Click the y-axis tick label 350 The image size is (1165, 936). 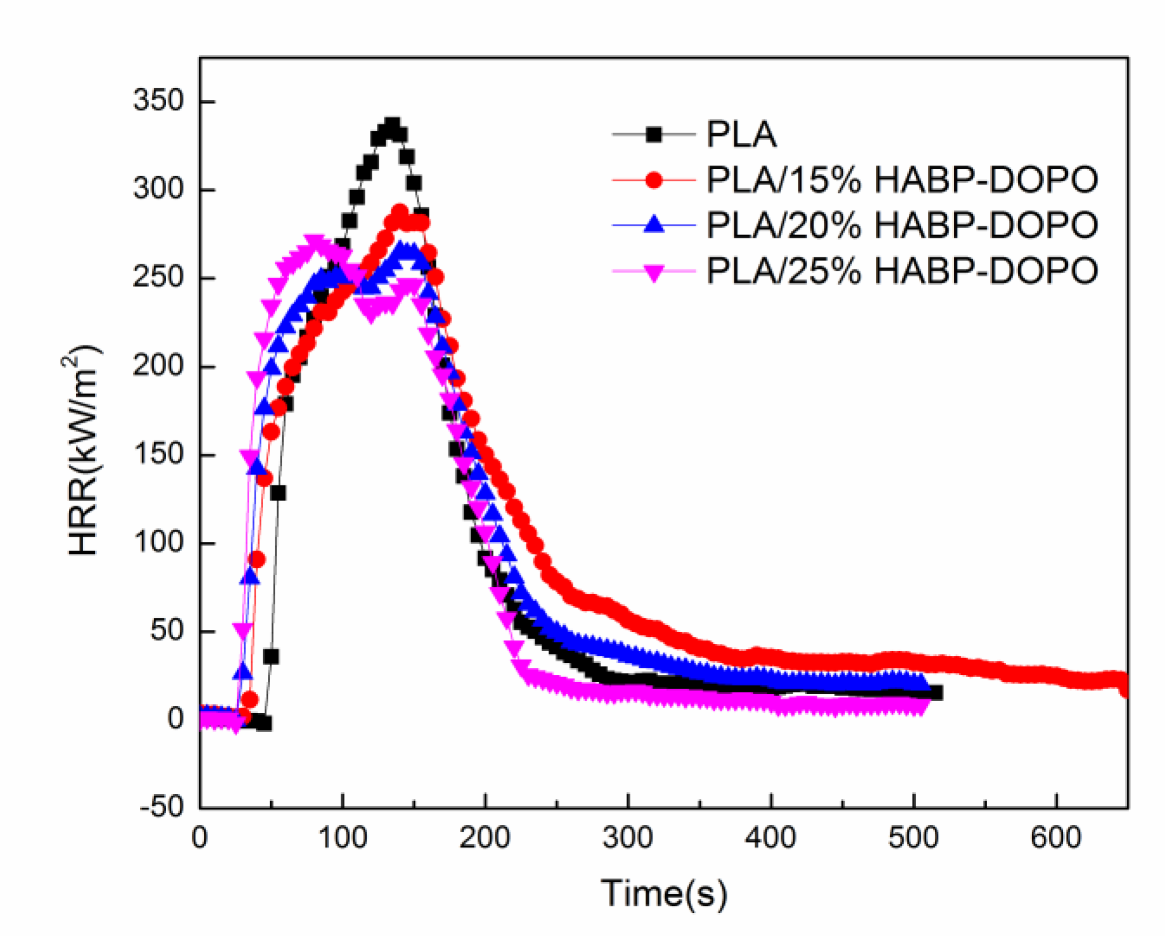pyautogui.click(x=158, y=101)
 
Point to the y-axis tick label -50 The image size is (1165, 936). pyautogui.click(x=162, y=807)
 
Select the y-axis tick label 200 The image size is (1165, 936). pyautogui.click(x=158, y=366)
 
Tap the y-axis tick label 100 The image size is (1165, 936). pyautogui.click(x=158, y=542)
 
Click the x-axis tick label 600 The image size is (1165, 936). pyautogui.click(x=1056, y=838)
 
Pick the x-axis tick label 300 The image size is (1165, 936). pyautogui.click(x=627, y=838)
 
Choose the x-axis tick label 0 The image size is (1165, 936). pyautogui.click(x=200, y=838)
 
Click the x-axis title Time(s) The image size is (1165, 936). pyautogui.click(x=663, y=894)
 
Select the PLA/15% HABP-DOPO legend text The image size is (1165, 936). pyautogui.click(x=902, y=180)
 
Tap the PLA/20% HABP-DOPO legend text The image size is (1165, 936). pyautogui.click(x=902, y=225)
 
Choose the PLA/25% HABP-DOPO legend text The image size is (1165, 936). pyautogui.click(x=902, y=271)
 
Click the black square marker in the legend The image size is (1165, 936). pyautogui.click(x=654, y=134)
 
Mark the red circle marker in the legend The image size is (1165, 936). pyautogui.click(x=654, y=181)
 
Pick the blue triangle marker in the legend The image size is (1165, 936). pyautogui.click(x=654, y=225)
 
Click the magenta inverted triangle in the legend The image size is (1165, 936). pyautogui.click(x=654, y=272)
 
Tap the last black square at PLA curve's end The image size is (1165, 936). pyautogui.click(x=935, y=693)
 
